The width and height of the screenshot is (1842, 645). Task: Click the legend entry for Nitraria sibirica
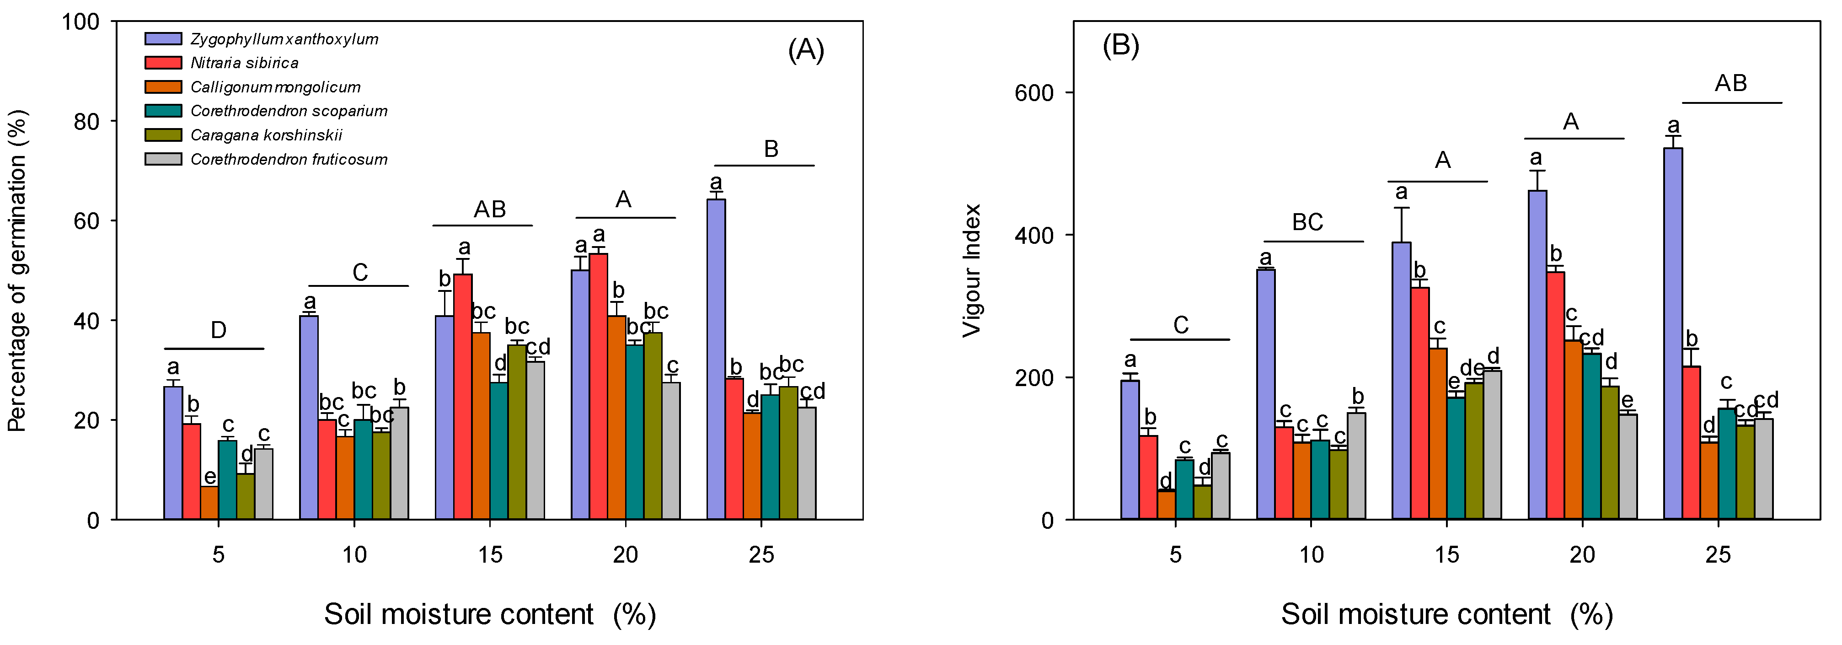pyautogui.click(x=244, y=63)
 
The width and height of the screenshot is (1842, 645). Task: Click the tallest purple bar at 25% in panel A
pyautogui.click(x=716, y=358)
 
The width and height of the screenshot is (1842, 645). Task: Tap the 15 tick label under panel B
pyautogui.click(x=1446, y=555)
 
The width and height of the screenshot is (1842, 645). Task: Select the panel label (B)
pyautogui.click(x=1120, y=46)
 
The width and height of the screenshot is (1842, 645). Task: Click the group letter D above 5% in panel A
pyautogui.click(x=218, y=330)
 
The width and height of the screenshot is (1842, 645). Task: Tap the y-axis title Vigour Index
pyautogui.click(x=972, y=270)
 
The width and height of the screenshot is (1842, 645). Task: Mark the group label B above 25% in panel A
pyautogui.click(x=771, y=149)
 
